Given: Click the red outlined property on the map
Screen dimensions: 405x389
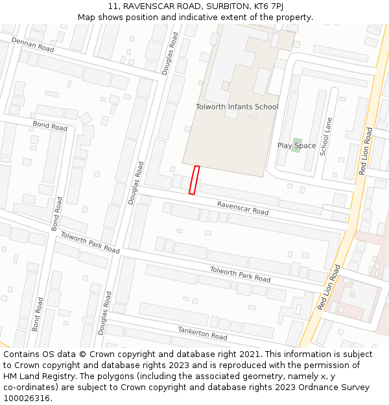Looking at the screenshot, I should [x=194, y=179].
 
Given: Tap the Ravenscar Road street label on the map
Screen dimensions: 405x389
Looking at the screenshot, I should [x=242, y=208].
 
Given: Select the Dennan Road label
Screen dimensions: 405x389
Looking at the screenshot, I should [x=32, y=45].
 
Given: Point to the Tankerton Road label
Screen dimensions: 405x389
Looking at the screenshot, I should [x=202, y=333].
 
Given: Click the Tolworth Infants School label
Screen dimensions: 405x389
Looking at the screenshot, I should [x=237, y=107].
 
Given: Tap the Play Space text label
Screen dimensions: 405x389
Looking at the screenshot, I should [x=296, y=146].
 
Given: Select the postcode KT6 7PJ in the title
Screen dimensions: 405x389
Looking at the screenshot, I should [x=267, y=6].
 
